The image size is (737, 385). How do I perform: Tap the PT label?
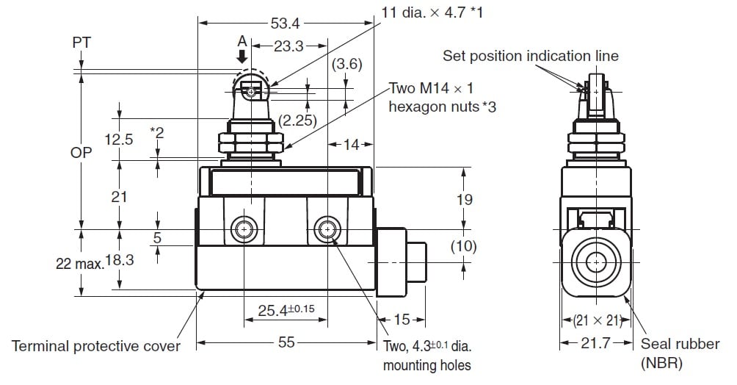coord(81,43)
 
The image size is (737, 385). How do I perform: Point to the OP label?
coord(81,154)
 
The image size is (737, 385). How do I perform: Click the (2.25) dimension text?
coord(298,121)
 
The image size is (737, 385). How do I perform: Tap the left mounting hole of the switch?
coord(244,230)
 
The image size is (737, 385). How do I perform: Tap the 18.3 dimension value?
coord(119,262)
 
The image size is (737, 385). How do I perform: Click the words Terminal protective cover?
coord(96,345)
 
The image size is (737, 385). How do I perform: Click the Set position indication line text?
coord(531,56)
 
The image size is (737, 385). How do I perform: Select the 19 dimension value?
coord(464,199)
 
